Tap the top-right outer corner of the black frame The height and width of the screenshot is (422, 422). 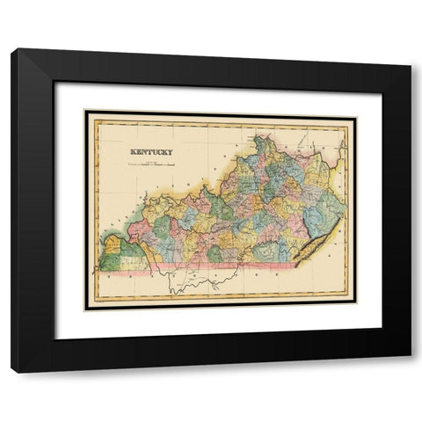411,50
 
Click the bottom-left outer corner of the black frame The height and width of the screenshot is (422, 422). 11,372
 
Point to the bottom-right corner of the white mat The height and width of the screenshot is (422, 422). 382,339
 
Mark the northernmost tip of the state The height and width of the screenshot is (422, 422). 257,135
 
